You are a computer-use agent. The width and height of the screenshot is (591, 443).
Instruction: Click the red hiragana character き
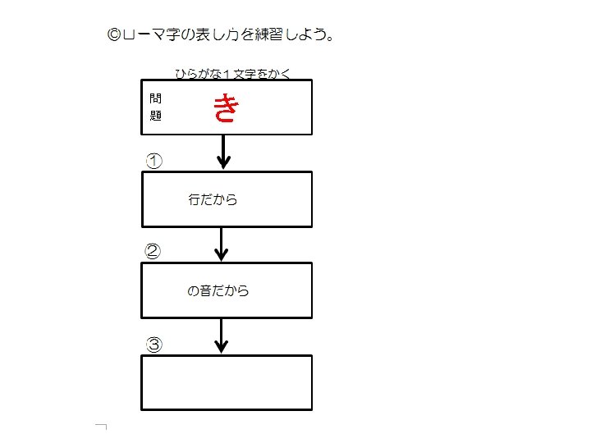[225, 108]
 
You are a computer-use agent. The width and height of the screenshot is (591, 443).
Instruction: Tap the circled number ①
[153, 161]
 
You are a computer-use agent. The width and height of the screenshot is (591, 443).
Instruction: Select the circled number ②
[153, 252]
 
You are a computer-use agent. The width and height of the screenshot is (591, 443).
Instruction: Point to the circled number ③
[153, 345]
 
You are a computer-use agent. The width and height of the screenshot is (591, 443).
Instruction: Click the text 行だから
[213, 199]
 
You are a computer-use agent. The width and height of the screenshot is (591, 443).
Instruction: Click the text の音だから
[218, 290]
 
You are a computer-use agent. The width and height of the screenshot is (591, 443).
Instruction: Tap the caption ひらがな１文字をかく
[233, 74]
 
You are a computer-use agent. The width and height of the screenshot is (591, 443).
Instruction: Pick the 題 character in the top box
[156, 116]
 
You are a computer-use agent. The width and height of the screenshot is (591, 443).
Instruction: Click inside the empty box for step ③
[227, 381]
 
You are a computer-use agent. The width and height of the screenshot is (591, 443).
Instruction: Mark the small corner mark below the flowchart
[102, 427]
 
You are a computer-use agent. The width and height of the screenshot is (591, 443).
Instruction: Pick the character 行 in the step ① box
[194, 199]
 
